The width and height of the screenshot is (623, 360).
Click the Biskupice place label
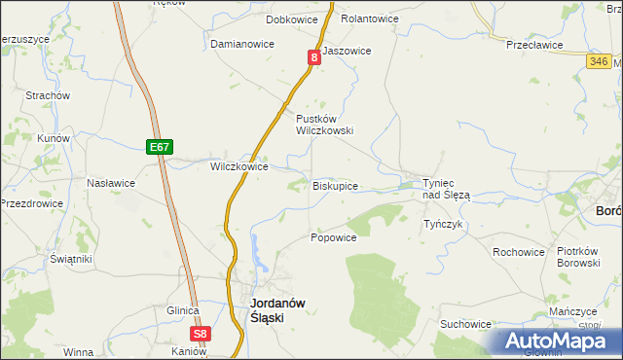click(x=336, y=186)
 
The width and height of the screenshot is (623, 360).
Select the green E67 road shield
click(x=161, y=147)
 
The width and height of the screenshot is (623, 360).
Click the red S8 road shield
click(x=200, y=334)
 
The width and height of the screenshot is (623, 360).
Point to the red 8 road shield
click(x=314, y=58)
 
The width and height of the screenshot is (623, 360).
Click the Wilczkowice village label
click(x=239, y=166)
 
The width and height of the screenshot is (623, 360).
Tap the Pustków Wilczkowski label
click(x=324, y=124)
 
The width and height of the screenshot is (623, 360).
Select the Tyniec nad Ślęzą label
click(x=446, y=189)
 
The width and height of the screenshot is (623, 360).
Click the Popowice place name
click(x=333, y=237)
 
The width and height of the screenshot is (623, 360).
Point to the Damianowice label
click(x=242, y=45)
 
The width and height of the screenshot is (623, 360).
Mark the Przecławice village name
click(x=535, y=44)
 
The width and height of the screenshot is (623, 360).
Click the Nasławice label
click(x=111, y=183)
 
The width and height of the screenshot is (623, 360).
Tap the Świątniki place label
click(x=71, y=259)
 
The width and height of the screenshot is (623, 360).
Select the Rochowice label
click(x=519, y=252)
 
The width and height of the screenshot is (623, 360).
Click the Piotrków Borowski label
click(x=584, y=258)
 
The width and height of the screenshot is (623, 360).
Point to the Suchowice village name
click(x=465, y=324)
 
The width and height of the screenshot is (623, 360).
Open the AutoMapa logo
click(x=559, y=342)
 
